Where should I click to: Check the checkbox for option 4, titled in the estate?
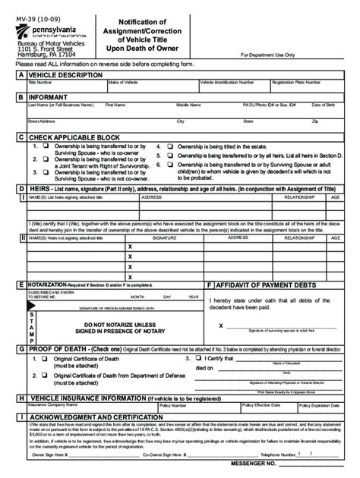[x=170, y=143]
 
